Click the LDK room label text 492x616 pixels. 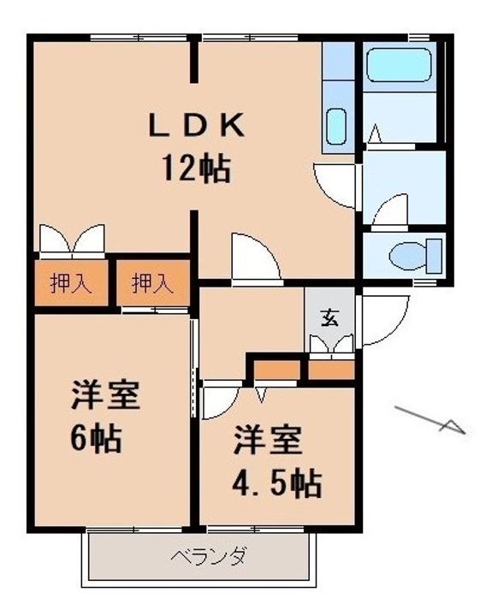pos(197,127)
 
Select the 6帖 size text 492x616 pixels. pos(96,439)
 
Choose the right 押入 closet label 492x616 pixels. pos(152,284)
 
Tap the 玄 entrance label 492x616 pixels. pos(329,317)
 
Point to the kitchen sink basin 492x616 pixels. pos(337,128)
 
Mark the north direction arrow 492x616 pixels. pos(432,419)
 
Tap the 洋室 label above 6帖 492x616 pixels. pos(104,396)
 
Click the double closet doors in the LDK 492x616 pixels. pos(72,240)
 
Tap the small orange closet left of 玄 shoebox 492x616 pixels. pos(275,370)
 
